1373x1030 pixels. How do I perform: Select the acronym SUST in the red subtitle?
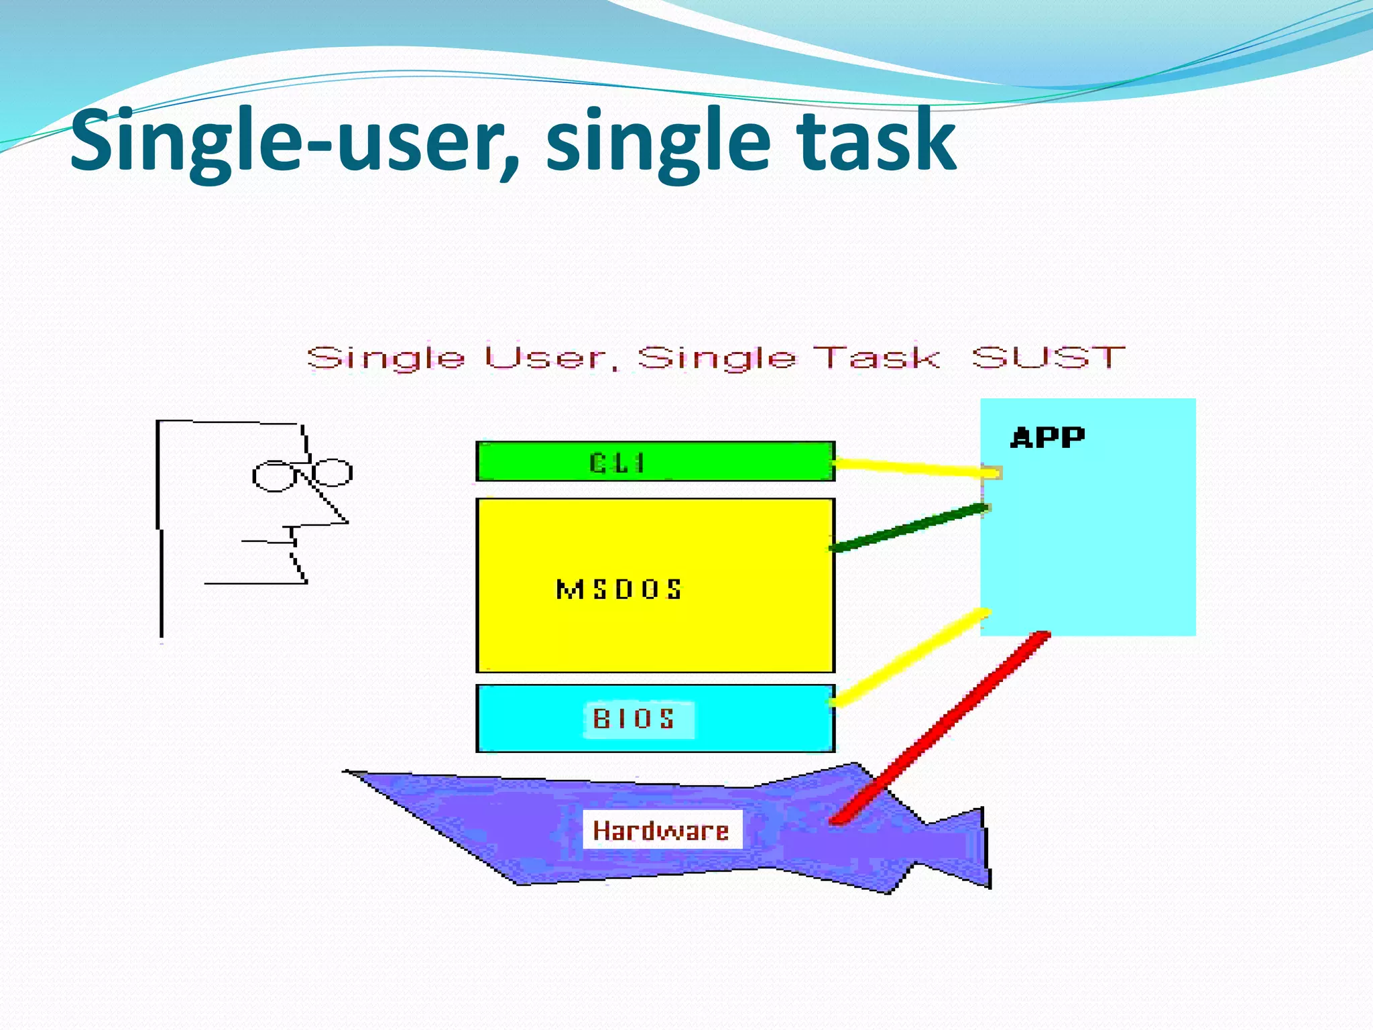click(x=1048, y=357)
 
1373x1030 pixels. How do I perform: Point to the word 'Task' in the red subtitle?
click(x=876, y=357)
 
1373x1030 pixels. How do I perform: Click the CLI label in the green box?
click(x=617, y=463)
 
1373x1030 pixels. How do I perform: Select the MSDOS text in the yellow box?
click(x=619, y=589)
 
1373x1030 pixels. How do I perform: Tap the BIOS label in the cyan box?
click(x=634, y=719)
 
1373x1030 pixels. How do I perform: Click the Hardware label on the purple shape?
click(x=661, y=830)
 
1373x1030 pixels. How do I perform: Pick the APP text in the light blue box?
click(x=1047, y=437)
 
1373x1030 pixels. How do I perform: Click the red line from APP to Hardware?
click(x=939, y=728)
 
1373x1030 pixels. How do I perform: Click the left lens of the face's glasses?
click(x=273, y=476)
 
